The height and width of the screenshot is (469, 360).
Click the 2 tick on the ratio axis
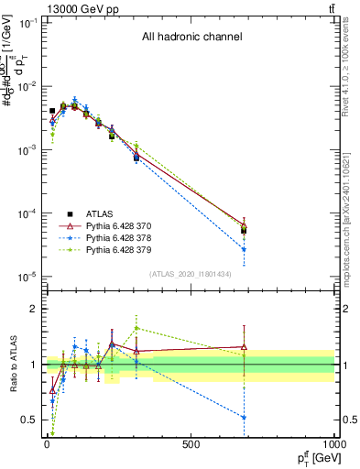click(x=31, y=309)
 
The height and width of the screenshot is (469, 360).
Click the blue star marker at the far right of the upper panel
click(x=244, y=249)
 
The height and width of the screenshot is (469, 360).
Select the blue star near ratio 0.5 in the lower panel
click(x=244, y=417)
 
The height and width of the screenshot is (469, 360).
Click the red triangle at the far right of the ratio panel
click(x=244, y=347)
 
